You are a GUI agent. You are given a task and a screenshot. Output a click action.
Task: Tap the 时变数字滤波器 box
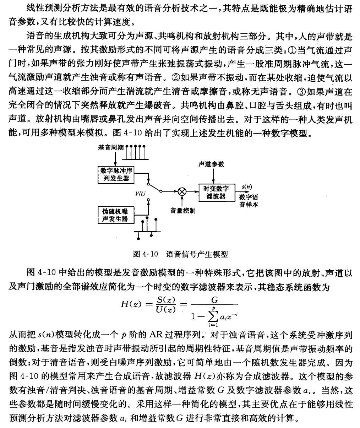pos(216,192)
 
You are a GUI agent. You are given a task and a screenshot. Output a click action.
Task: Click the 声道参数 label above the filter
pos(211,164)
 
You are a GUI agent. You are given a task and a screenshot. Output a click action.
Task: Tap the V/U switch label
pos(140,194)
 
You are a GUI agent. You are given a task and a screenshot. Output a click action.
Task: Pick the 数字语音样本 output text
pos(249,200)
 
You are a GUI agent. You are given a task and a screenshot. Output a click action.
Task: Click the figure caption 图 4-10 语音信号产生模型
pos(180,254)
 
